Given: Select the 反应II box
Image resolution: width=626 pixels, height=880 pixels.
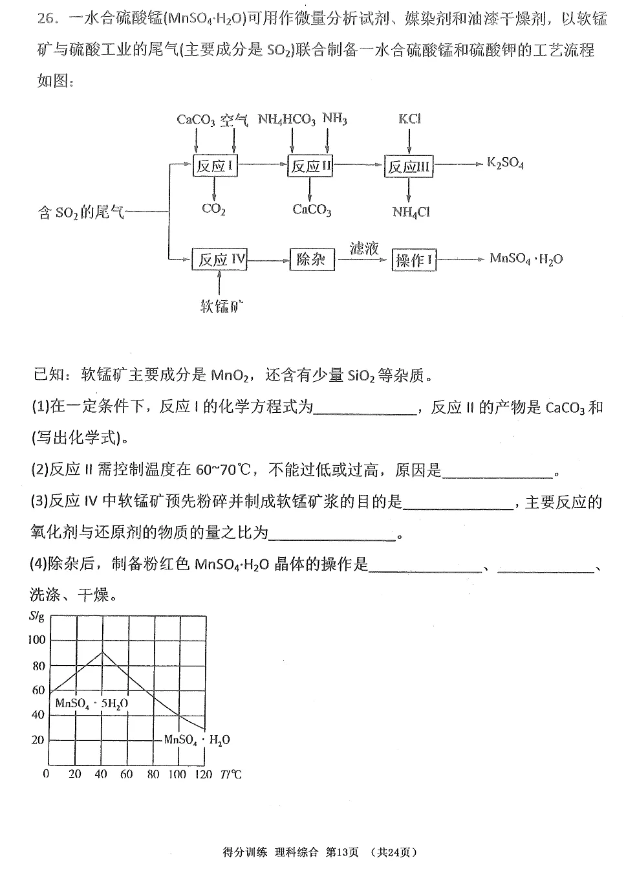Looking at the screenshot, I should [x=310, y=166].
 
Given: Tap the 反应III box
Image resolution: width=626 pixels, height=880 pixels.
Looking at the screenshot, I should [x=409, y=167].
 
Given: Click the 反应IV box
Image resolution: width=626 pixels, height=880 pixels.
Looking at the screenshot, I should [x=221, y=259].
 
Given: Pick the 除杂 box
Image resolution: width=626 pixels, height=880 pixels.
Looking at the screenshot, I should [x=312, y=259].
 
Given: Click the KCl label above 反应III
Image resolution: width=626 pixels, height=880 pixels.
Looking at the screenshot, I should [x=409, y=119].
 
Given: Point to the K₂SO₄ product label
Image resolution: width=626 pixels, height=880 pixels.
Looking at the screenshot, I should [x=505, y=163].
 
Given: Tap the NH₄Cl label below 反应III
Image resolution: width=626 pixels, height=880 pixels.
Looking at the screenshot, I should [x=411, y=212].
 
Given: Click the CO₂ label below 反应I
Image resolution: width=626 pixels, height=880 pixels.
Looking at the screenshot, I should [x=213, y=209].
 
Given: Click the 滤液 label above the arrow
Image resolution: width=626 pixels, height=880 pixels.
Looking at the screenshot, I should [x=363, y=248].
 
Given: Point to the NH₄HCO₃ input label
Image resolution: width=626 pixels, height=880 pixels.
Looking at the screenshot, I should [x=286, y=120].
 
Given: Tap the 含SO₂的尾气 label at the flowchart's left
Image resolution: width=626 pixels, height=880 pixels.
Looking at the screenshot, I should [x=81, y=212].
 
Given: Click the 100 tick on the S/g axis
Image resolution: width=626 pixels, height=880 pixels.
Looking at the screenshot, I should [x=38, y=640].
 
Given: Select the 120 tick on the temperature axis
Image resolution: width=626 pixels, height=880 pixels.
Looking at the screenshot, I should [x=203, y=774].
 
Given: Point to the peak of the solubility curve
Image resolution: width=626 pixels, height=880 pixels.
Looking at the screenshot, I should [x=102, y=651].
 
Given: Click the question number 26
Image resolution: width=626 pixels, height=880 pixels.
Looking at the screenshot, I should [x=49, y=18].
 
